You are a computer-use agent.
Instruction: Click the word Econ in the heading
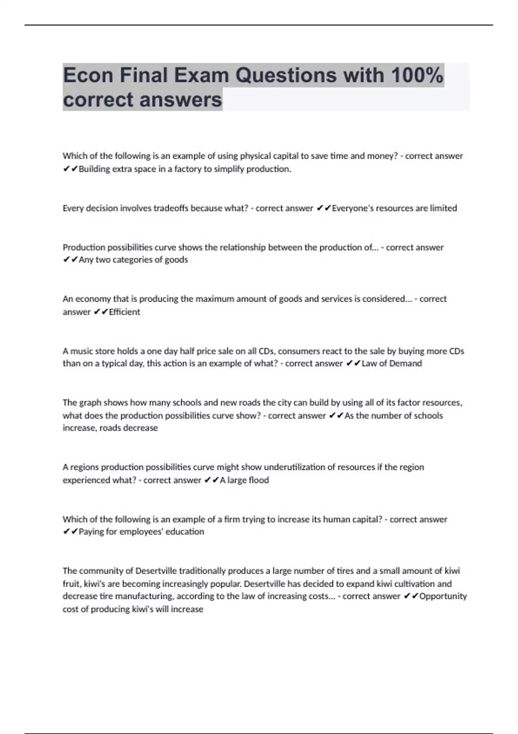(88, 76)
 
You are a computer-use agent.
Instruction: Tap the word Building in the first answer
(94, 169)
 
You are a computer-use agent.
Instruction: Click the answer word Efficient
(124, 312)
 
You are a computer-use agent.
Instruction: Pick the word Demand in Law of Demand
(405, 364)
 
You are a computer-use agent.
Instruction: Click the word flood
(259, 480)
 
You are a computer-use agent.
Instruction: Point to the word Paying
(91, 532)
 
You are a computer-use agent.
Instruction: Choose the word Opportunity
(443, 596)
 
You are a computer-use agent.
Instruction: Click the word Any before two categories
(86, 260)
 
